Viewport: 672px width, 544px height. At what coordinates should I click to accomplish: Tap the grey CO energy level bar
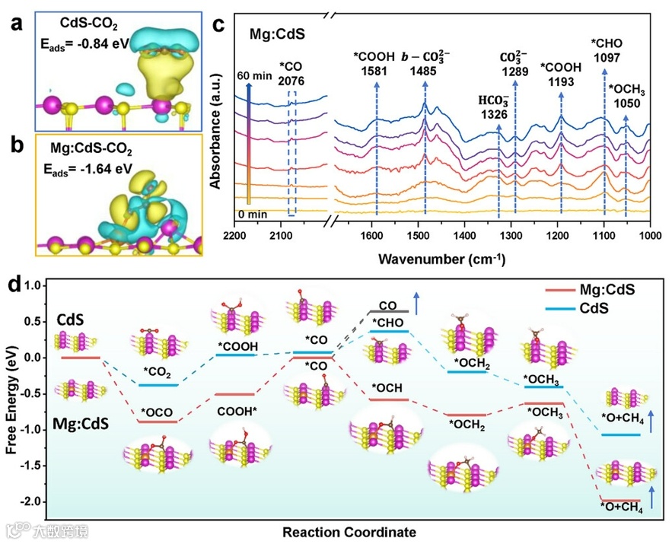pos(389,311)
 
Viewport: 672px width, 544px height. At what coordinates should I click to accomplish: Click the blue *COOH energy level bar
pos(237,355)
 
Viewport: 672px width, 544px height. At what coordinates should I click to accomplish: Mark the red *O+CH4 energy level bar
pos(619,500)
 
